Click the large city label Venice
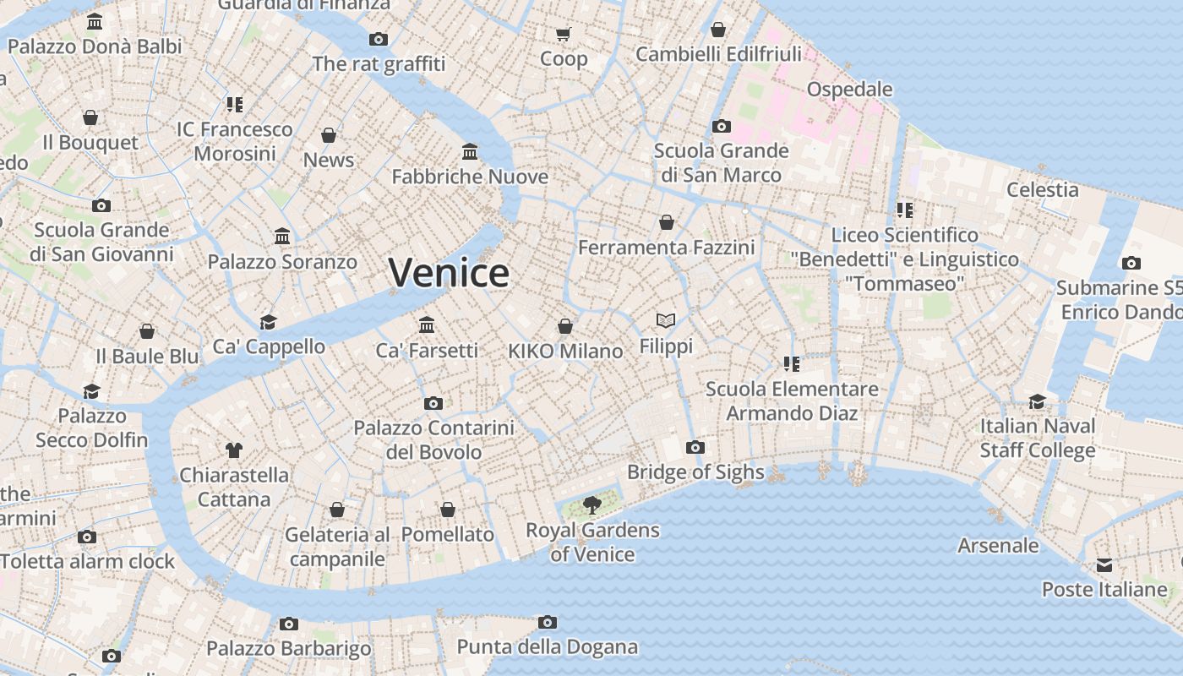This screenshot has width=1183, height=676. pyautogui.click(x=449, y=272)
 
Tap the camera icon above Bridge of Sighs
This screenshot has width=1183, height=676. pyautogui.click(x=695, y=447)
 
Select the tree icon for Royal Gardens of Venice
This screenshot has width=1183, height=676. pyautogui.click(x=592, y=505)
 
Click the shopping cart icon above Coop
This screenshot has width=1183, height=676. pyautogui.click(x=564, y=34)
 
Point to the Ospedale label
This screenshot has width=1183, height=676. pyautogui.click(x=849, y=89)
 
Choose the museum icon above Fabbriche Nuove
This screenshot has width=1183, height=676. pyautogui.click(x=470, y=151)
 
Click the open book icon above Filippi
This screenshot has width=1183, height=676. pyautogui.click(x=666, y=321)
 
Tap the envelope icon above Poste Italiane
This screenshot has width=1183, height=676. pyautogui.click(x=1104, y=564)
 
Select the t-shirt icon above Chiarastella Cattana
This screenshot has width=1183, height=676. pyautogui.click(x=234, y=450)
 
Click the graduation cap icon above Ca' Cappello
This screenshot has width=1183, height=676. pyautogui.click(x=269, y=322)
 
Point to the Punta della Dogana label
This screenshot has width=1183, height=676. pyautogui.click(x=547, y=647)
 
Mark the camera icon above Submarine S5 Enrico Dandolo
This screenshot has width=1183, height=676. pyautogui.click(x=1131, y=263)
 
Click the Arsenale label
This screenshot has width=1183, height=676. pyautogui.click(x=998, y=545)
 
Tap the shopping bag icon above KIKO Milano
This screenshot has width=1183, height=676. pyautogui.click(x=565, y=326)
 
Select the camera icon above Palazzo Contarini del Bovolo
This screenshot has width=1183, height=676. pyautogui.click(x=433, y=403)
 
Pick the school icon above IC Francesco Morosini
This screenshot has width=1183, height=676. pyautogui.click(x=234, y=105)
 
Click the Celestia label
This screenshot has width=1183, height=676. pyautogui.click(x=1042, y=189)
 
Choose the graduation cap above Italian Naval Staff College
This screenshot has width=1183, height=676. pyautogui.click(x=1037, y=401)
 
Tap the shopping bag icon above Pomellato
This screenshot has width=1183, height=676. pyautogui.click(x=448, y=510)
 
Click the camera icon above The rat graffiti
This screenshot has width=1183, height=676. pyautogui.click(x=379, y=39)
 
